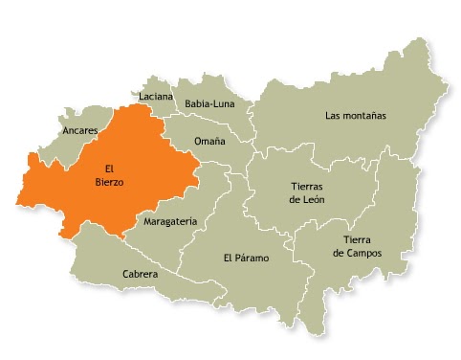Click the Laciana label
pos(155,97)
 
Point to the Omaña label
pos(209,141)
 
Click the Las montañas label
pos(355,116)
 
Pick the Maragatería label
pos(169,221)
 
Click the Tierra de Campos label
pos(357,246)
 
